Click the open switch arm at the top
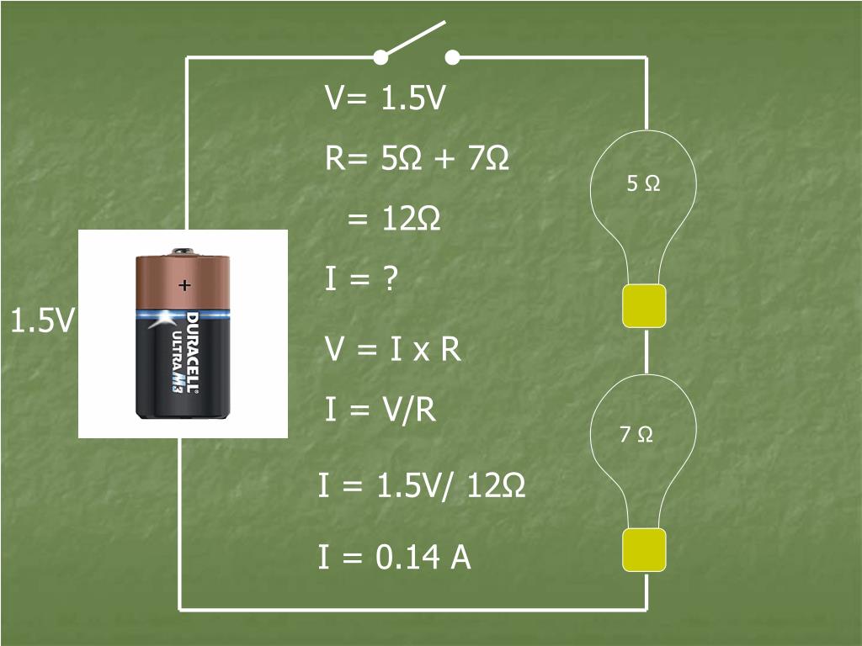point(414,39)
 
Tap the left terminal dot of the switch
point(380,57)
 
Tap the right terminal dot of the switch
point(452,57)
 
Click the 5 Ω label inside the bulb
point(644,183)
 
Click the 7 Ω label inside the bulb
point(636,435)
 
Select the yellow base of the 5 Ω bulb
point(644,305)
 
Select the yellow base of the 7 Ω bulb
point(644,550)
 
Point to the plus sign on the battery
point(184,286)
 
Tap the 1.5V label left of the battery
point(42,320)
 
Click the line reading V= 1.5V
point(385,98)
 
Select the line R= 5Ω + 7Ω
point(418,158)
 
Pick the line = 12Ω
point(394,220)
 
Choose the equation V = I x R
point(393,348)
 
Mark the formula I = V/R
point(380,410)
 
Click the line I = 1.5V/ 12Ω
point(422,485)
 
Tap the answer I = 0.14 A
point(394,557)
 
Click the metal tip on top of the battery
point(183,251)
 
